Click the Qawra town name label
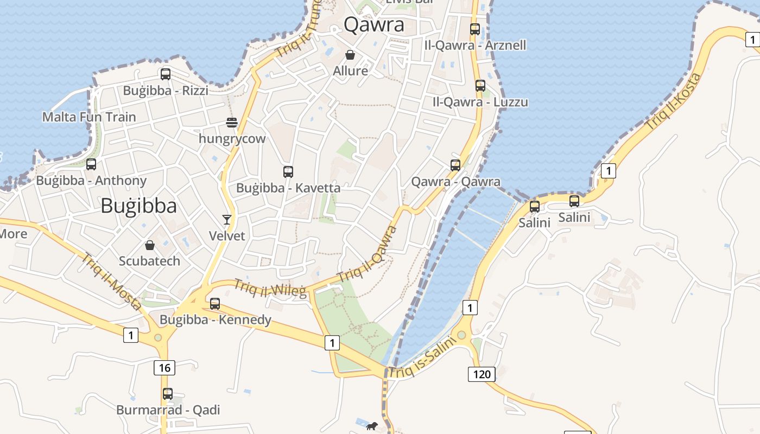(374, 25)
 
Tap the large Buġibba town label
(139, 206)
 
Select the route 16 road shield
(164, 368)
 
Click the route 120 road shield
(482, 374)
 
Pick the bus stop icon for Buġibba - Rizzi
(166, 74)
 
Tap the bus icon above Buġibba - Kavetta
(288, 172)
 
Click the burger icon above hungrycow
(232, 123)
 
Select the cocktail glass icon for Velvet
(227, 220)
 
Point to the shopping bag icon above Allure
(350, 55)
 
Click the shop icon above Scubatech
(150, 245)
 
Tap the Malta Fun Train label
(89, 117)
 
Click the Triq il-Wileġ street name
(270, 288)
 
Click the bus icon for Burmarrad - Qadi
(168, 394)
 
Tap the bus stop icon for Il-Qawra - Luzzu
(480, 86)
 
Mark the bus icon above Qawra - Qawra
(455, 165)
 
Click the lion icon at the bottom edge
(372, 426)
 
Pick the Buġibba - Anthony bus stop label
(91, 181)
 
